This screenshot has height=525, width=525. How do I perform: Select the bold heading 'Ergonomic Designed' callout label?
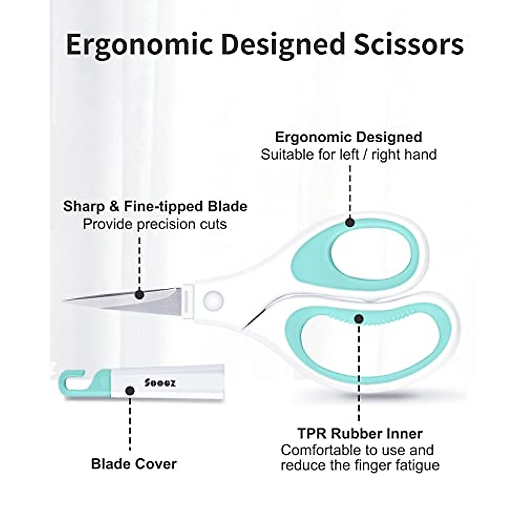pos(349,137)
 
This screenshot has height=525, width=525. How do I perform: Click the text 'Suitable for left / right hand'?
pos(349,154)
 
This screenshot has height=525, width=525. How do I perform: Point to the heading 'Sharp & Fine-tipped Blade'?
pos(155,206)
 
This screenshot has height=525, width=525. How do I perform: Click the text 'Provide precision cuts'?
pos(155,224)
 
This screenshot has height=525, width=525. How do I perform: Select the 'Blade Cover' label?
pos(134,464)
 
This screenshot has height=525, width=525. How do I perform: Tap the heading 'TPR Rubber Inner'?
pos(360,434)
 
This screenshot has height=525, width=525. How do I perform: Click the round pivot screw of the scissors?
pos(213,299)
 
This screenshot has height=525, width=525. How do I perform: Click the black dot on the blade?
pos(140,294)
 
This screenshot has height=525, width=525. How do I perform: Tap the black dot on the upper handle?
pos(350,222)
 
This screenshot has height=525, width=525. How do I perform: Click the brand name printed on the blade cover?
pos(160,382)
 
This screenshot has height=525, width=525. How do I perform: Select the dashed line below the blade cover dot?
pos(129,424)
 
